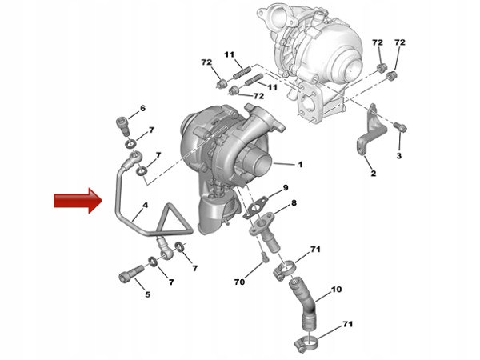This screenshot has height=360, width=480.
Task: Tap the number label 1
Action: tap(300, 166)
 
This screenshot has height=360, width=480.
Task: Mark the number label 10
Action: tap(336, 289)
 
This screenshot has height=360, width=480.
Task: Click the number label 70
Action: tap(238, 282)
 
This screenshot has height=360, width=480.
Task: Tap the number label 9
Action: tap(285, 188)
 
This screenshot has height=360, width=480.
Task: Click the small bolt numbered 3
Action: tap(402, 127)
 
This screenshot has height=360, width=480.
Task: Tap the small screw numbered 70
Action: tap(262, 257)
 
